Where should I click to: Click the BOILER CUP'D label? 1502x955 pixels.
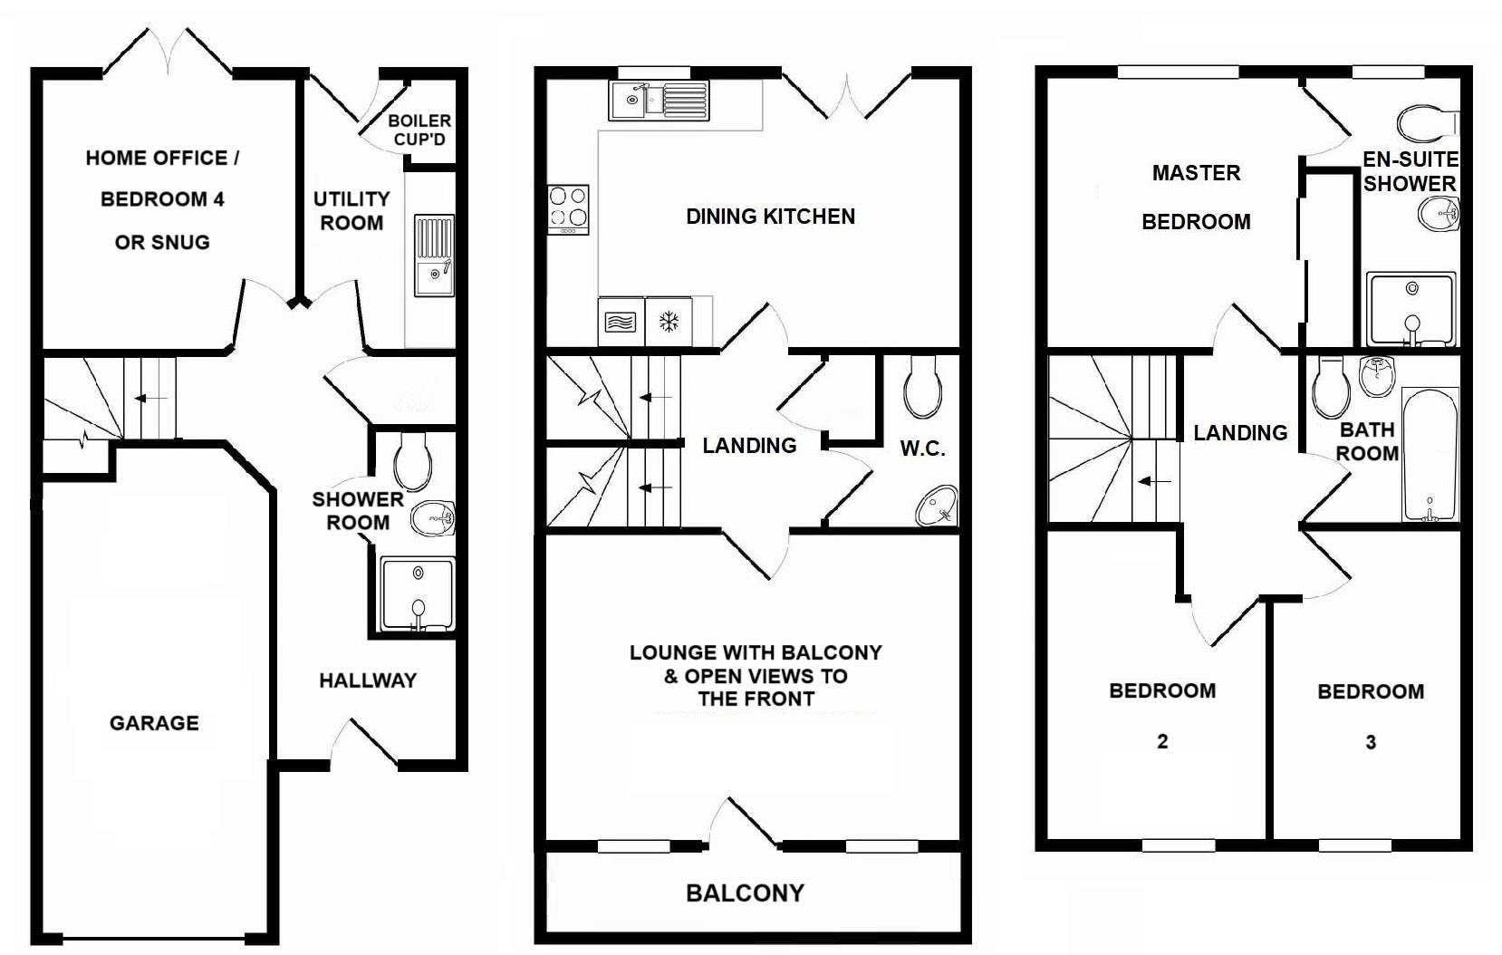(x=419, y=130)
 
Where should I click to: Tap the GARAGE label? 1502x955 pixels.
(x=154, y=723)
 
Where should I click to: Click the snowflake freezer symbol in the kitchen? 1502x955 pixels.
(x=669, y=322)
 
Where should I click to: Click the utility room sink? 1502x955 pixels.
(x=435, y=256)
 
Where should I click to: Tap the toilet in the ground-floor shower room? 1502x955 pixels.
(x=412, y=459)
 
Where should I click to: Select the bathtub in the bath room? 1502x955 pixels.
(x=1430, y=455)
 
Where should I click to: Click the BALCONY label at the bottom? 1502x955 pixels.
(x=745, y=893)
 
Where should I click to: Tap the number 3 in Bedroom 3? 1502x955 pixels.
(x=1371, y=743)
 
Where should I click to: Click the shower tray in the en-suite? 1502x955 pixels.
(x=1411, y=309)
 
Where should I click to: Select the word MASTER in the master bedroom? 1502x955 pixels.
(x=1196, y=173)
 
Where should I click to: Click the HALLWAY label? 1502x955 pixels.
(x=368, y=680)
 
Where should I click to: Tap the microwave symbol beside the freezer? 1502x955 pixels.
(x=621, y=322)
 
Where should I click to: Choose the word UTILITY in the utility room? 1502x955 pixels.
(x=351, y=198)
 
